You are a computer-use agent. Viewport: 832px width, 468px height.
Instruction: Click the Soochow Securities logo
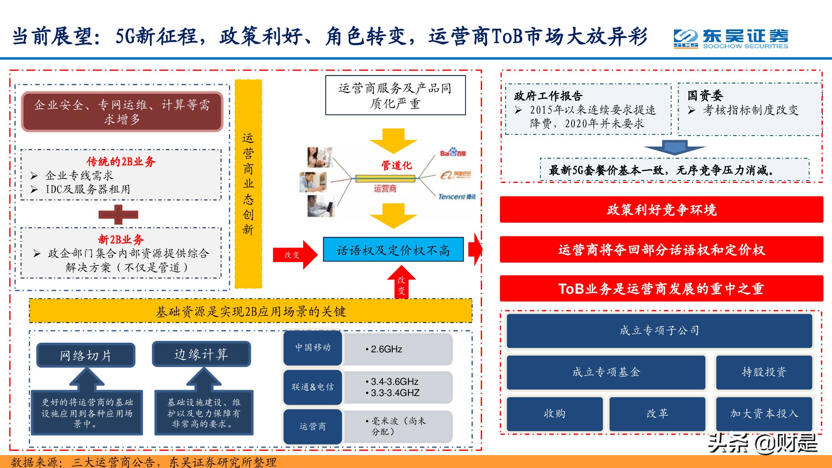[x=730, y=39]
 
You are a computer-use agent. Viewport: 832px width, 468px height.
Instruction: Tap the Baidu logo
[x=453, y=153]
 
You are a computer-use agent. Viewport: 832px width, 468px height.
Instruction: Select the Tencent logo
[x=456, y=196]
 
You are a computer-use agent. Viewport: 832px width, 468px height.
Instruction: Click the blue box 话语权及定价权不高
[x=393, y=250]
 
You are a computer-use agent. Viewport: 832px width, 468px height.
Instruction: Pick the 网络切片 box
[x=86, y=355]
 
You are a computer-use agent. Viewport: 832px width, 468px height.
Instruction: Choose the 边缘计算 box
[x=201, y=354]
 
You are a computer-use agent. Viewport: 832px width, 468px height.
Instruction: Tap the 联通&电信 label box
[x=313, y=387]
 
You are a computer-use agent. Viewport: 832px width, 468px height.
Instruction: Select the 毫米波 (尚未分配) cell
[x=397, y=426]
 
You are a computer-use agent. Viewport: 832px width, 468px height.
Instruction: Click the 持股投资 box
[x=764, y=372]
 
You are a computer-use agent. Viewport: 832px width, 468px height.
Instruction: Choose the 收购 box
[x=555, y=414]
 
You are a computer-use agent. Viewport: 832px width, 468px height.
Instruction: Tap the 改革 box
[x=657, y=414]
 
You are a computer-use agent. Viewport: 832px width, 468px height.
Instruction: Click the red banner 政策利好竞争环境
[x=661, y=210]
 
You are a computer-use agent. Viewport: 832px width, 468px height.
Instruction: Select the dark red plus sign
[x=118, y=215]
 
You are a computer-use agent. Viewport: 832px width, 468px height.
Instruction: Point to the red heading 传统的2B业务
[x=121, y=161]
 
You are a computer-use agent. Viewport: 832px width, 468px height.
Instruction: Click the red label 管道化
[x=396, y=166]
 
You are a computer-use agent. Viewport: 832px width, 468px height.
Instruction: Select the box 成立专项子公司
[x=659, y=331]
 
